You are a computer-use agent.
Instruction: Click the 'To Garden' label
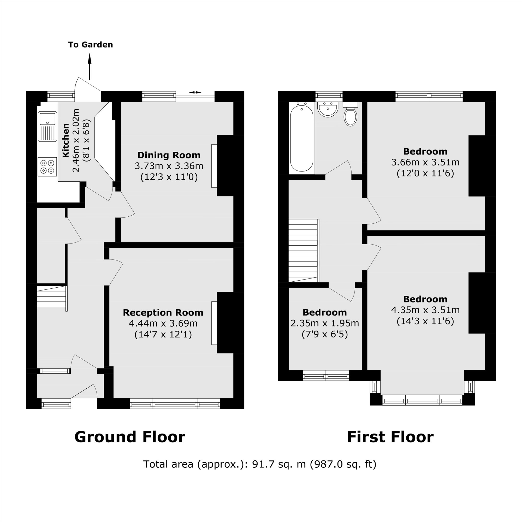(90, 45)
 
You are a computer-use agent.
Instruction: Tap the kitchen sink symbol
(47, 126)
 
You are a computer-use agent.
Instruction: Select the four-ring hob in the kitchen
(47, 167)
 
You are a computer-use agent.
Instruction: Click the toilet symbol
(351, 115)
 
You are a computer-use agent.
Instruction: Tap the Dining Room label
(169, 155)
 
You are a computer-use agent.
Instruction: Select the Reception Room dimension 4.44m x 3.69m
(163, 323)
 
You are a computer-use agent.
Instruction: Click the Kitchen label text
(66, 140)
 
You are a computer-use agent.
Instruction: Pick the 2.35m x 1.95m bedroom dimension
(324, 323)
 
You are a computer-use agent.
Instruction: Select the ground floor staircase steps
(51, 297)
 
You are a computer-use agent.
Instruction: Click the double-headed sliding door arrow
(195, 92)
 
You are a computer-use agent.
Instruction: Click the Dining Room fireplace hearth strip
(214, 166)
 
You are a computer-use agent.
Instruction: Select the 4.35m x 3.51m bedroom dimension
(425, 310)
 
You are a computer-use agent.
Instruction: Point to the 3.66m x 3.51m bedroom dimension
(425, 162)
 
